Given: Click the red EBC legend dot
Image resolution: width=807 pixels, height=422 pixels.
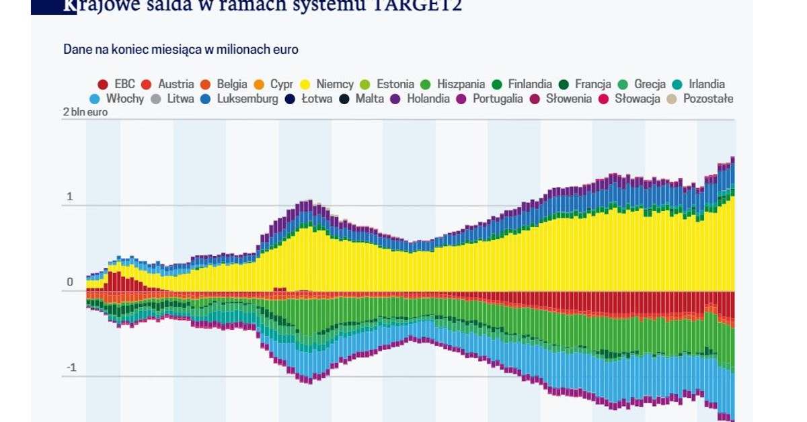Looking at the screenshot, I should coord(103,85).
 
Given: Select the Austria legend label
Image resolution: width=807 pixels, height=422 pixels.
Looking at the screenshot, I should coord(176,85).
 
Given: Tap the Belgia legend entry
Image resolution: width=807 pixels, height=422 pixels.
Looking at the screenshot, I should coord(232,85).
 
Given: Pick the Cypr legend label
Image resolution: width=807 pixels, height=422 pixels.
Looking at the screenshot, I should coord(281,85).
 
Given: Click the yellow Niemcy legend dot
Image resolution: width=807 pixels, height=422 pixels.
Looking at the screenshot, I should coord(305,85).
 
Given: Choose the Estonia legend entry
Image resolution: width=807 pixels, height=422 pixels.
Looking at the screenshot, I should coord(395,85).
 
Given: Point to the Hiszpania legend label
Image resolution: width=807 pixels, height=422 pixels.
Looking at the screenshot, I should coord(461,85).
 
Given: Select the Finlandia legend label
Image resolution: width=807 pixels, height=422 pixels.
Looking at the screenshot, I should coord(530,85).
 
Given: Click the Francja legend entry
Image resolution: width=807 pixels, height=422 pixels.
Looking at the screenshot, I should coord(593,85).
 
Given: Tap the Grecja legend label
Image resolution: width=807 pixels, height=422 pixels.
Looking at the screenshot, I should coord(650,85).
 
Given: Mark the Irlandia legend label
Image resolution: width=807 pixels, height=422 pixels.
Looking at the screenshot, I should coord(707,85).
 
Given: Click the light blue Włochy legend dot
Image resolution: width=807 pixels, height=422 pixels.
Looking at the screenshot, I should coord(95,99).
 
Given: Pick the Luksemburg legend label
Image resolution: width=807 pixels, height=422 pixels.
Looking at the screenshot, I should coord(247,99).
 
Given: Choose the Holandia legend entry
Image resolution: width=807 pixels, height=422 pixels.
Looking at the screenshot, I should coord(428,99).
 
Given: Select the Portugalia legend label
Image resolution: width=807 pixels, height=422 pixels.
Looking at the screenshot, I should coord(498,99).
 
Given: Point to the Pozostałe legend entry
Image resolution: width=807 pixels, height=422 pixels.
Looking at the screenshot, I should coord(707,99).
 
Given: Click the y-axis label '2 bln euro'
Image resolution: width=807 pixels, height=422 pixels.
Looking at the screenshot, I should coord(85,112).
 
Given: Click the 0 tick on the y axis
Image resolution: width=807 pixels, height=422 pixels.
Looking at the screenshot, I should coord(69,282).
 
